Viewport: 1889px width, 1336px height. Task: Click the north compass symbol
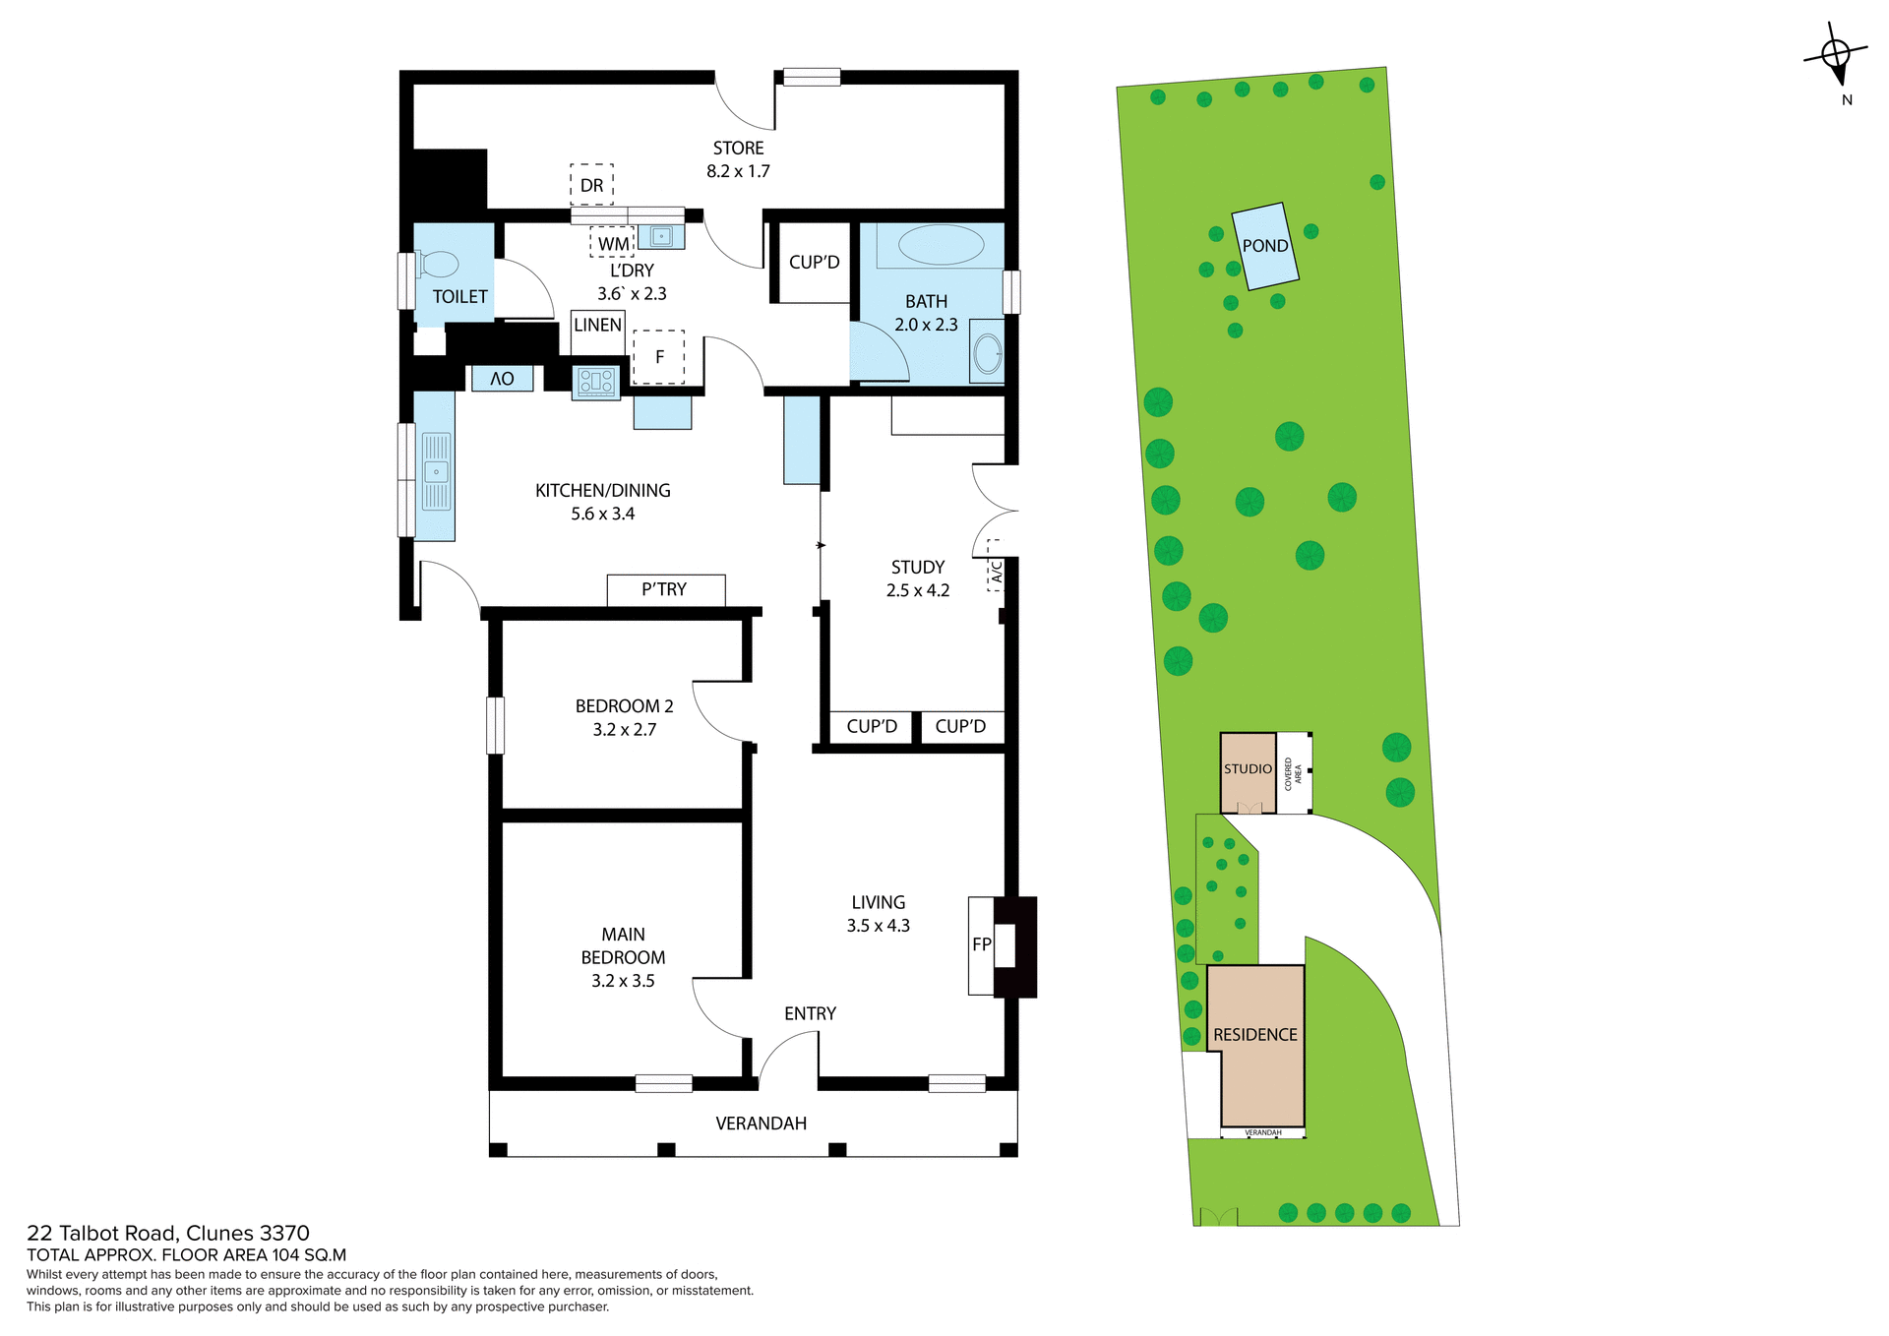tap(1836, 57)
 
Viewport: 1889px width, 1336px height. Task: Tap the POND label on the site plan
tap(1265, 246)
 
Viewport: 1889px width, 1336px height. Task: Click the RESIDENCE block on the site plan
tap(1255, 1036)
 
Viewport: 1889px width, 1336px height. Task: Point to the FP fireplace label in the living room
tap(981, 945)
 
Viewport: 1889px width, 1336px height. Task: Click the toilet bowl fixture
tap(439, 265)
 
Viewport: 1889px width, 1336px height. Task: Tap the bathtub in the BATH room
tap(941, 245)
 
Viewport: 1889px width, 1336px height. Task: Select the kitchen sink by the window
tap(436, 472)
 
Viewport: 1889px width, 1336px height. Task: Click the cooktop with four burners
tap(596, 382)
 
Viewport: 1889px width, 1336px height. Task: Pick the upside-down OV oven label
tap(502, 379)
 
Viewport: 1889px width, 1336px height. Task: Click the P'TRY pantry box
tap(665, 590)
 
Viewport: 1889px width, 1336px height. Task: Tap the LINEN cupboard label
tap(597, 326)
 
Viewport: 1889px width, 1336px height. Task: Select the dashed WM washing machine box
tap(613, 243)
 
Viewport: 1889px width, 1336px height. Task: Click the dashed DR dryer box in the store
tap(591, 185)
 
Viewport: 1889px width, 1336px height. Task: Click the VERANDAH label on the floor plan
tap(761, 1123)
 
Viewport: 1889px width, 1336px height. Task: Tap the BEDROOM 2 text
tap(624, 706)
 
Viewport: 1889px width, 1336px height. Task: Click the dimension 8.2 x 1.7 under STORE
tap(738, 171)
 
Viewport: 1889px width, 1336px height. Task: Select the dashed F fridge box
tap(658, 357)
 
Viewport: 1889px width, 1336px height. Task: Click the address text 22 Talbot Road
tap(168, 1234)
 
